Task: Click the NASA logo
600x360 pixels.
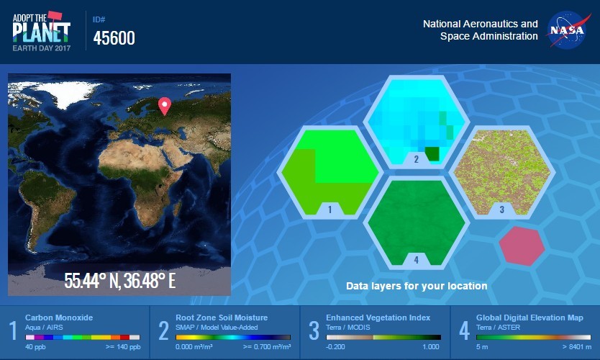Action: [568, 30]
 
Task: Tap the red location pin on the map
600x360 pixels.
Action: [165, 106]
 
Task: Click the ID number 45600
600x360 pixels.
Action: [114, 38]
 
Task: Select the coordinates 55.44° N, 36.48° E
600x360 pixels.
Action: [119, 281]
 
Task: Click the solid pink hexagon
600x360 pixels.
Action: [522, 246]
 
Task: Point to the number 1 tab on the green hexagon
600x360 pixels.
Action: [329, 209]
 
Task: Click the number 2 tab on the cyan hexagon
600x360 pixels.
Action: [417, 159]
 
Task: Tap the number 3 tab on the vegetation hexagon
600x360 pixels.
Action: [502, 209]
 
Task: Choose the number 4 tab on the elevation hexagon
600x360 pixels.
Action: [417, 260]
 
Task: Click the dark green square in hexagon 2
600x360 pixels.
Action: [432, 153]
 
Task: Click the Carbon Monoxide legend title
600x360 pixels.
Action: [59, 318]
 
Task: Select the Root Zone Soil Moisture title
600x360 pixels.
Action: [222, 318]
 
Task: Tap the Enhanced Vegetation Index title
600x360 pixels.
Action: [378, 318]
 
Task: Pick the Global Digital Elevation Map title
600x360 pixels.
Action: [529, 318]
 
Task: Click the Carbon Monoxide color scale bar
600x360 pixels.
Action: [83, 338]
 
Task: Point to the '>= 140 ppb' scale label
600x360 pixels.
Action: [123, 347]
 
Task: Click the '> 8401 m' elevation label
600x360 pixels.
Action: [577, 347]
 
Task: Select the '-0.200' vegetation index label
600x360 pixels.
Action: [335, 347]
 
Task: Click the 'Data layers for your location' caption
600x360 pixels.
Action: [417, 286]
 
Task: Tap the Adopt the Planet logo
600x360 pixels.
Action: [41, 32]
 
